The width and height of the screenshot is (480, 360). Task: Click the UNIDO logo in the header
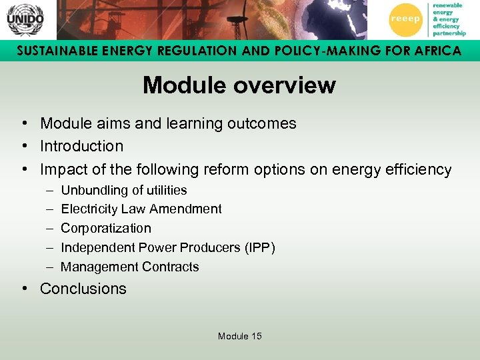[25, 19]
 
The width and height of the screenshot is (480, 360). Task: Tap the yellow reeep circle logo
[405, 19]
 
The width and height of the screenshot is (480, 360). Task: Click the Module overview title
[239, 85]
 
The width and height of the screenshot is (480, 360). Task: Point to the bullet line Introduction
[81, 146]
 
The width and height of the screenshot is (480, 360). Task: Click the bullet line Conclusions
[83, 289]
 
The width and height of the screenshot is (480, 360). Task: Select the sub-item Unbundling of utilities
[123, 190]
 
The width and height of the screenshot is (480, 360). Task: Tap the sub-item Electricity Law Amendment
[141, 209]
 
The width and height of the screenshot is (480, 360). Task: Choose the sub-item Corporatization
[105, 229]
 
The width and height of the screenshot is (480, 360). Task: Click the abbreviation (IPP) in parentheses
[260, 248]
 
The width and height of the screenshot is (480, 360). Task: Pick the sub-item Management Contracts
[129, 267]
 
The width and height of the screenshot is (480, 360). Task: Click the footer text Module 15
[239, 336]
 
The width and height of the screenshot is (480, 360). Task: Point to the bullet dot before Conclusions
[23, 289]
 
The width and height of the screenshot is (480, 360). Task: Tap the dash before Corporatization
[50, 229]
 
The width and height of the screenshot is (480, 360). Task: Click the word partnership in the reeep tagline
[449, 33]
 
